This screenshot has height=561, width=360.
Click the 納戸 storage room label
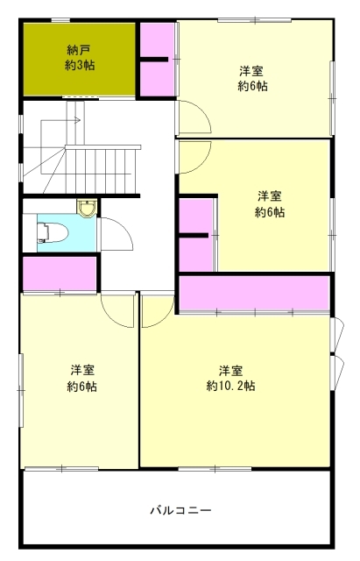point(80,49)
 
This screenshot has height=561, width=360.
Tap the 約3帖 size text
point(80,66)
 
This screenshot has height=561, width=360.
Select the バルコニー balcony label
point(181,510)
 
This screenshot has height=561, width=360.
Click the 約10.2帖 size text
point(231,387)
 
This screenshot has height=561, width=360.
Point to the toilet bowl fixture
point(53,232)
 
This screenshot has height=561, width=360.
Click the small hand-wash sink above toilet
point(87,209)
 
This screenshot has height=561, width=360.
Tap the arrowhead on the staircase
point(77,121)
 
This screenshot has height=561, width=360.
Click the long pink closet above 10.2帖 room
point(254,293)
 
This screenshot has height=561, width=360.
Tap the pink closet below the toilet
point(60,273)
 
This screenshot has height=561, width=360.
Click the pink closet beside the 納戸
point(157,60)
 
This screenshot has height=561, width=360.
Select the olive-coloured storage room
point(80,59)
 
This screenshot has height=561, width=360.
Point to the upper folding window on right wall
point(336,335)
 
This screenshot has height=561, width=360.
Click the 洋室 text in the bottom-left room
point(82,370)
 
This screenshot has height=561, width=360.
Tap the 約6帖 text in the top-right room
point(253,86)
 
